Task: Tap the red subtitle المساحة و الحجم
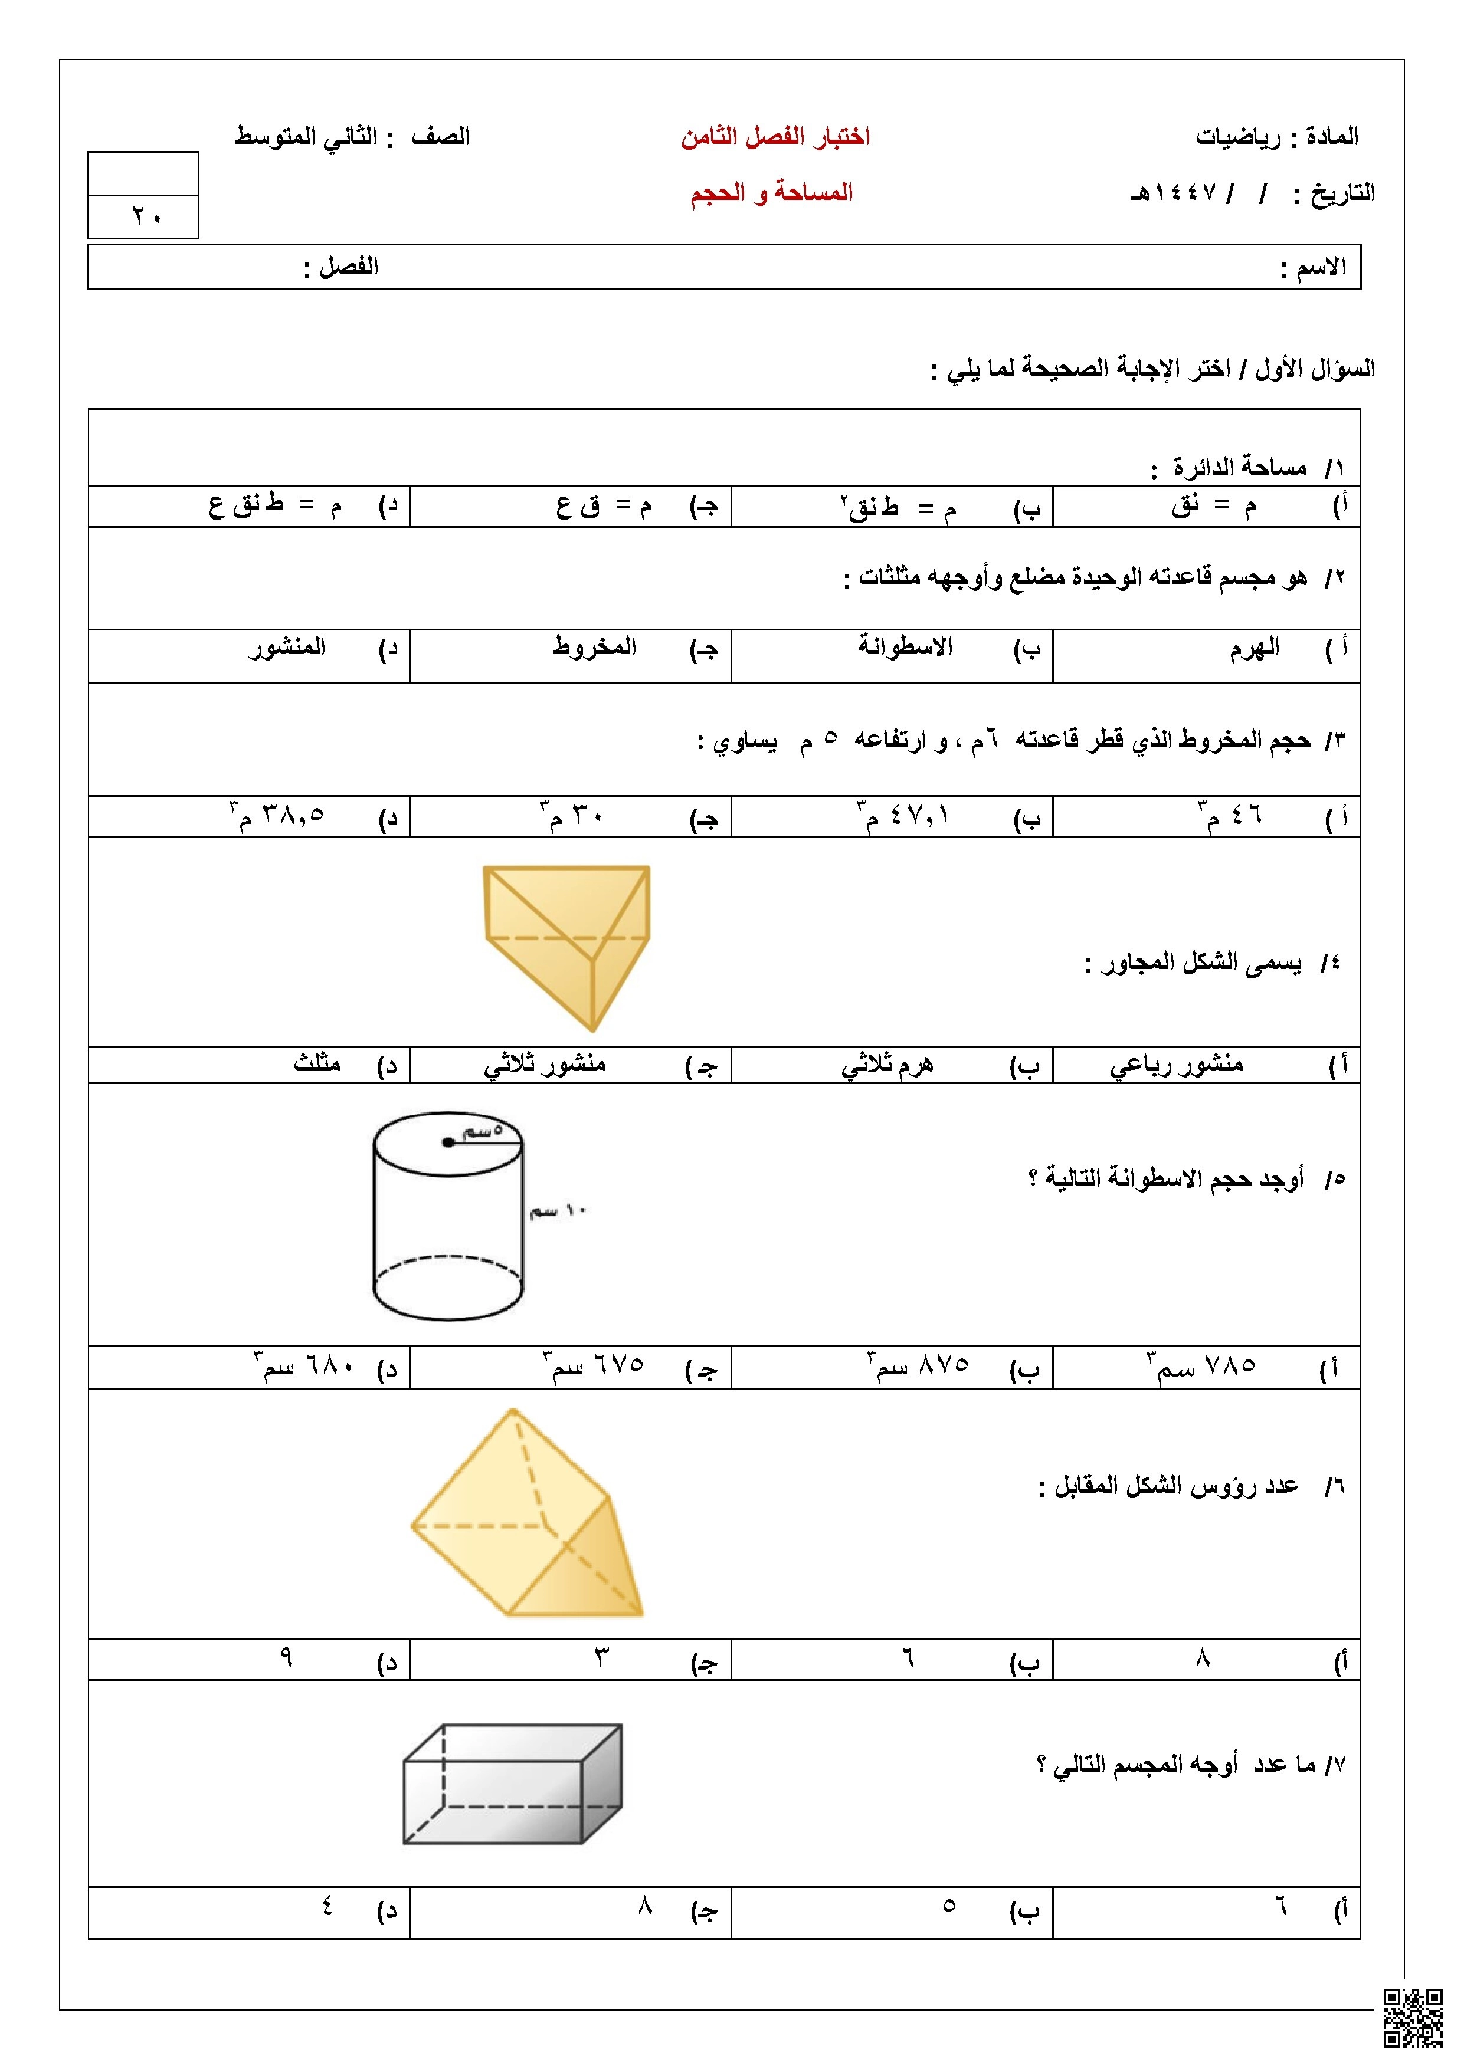click(772, 193)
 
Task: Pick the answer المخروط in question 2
click(594, 647)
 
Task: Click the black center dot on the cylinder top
click(448, 1142)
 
